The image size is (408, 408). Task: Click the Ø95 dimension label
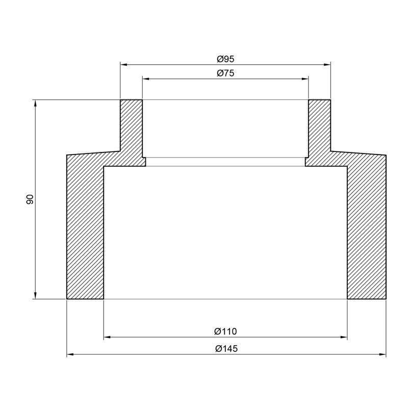point(225,59)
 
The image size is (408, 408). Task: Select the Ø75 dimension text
point(225,73)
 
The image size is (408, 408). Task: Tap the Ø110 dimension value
point(225,331)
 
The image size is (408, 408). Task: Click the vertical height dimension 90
point(30,199)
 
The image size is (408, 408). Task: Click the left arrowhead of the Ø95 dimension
point(123,65)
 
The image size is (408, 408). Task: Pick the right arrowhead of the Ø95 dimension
point(327,65)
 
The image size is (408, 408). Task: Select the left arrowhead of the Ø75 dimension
point(145,79)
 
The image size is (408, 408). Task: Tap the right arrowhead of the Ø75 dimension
point(305,79)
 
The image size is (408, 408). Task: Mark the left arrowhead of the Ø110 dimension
point(107,337)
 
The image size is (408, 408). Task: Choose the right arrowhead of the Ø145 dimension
point(382,354)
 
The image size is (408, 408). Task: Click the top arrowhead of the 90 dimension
point(35,103)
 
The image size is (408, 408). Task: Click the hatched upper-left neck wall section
point(131,127)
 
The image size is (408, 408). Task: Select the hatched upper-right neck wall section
point(320,127)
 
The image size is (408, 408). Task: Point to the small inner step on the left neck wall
point(144,162)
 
